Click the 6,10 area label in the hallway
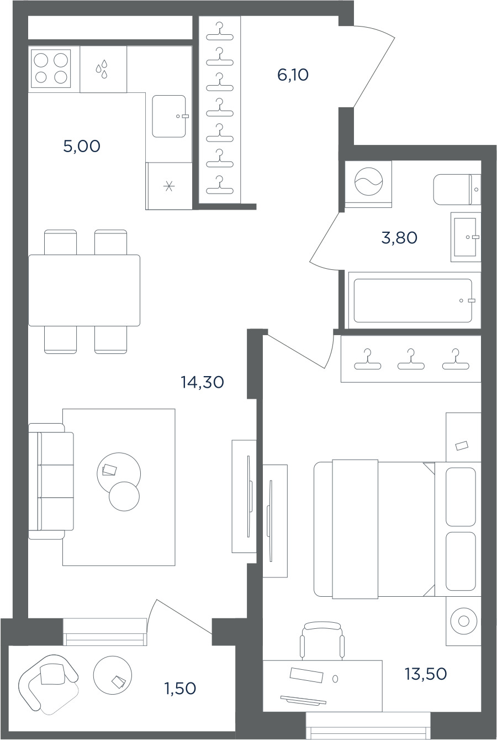coord(293,75)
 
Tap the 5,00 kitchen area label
coord(82,146)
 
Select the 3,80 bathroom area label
coord(399,237)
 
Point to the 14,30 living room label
coord(202,382)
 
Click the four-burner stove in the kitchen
coord(51,69)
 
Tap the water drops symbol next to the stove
coord(102,69)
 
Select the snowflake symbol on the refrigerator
coord(169,186)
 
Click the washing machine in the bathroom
coord(368,184)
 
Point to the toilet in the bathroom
coord(457,189)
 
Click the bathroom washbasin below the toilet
coord(466,237)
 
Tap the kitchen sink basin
coord(169,116)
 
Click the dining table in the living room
coord(84,290)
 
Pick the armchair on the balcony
coord(48,682)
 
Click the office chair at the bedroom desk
coord(322,641)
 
